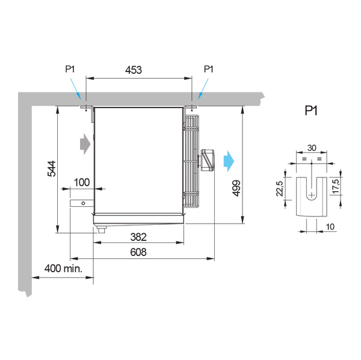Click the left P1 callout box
tap(70, 69)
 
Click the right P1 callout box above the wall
tap(208, 69)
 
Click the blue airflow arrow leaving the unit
tap(229, 161)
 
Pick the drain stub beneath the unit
tap(102, 228)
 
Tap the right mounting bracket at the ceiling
tap(191, 107)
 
